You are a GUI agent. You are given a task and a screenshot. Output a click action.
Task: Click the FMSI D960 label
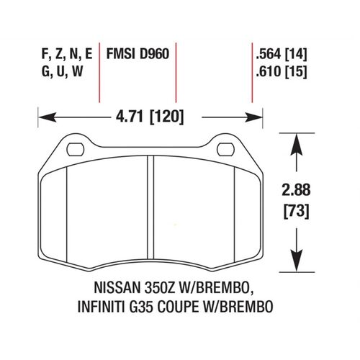[137, 53]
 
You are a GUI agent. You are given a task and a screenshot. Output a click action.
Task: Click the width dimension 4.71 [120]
[150, 114]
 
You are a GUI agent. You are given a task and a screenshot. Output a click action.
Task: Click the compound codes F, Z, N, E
[68, 53]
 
